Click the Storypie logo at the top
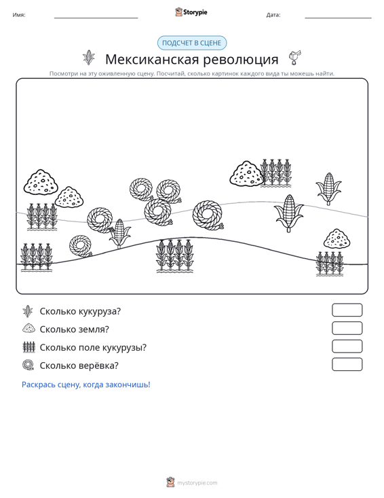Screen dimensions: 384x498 (191, 12)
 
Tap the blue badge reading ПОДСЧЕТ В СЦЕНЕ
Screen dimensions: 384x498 (192, 43)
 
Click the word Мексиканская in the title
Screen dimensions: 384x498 (152, 59)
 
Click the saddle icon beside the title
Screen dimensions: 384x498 (294, 58)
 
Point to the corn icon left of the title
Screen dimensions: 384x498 (89, 58)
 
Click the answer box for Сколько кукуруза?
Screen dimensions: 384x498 (347, 310)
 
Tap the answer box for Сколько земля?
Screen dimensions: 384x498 (347, 328)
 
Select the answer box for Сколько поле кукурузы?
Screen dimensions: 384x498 (347, 346)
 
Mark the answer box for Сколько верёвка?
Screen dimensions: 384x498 (347, 364)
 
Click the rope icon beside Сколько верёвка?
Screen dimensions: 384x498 (28, 365)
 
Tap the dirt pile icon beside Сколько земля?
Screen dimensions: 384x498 (28, 328)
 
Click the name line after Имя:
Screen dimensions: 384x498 (96, 18)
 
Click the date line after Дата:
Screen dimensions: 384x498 (338, 18)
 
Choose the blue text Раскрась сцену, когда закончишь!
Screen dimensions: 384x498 (86, 385)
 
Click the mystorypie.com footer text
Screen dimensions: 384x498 (197, 483)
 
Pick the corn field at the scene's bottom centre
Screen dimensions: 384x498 (175, 255)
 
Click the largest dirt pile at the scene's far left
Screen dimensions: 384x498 (41, 181)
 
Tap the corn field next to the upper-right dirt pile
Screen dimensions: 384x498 (275, 173)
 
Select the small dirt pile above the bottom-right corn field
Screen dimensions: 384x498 (337, 238)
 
